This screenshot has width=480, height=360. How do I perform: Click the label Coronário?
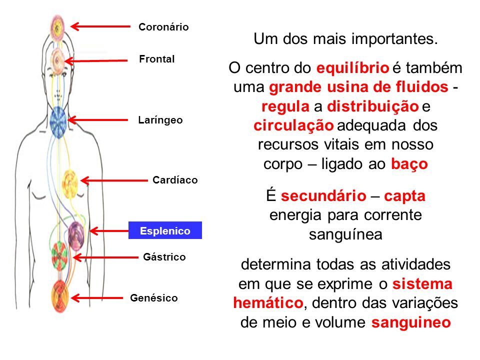click(163, 27)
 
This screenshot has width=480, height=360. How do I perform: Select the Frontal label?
click(156, 59)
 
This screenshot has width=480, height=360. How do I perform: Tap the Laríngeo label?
click(160, 120)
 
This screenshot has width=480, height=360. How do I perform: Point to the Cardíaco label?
click(175, 180)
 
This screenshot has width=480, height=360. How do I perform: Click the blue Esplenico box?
click(165, 230)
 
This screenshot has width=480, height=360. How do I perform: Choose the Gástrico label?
click(164, 257)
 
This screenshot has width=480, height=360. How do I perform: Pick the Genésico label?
click(154, 298)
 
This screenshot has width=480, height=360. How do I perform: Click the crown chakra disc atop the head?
click(57, 27)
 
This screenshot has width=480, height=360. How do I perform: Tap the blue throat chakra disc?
click(58, 122)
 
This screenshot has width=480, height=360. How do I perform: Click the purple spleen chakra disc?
click(76, 235)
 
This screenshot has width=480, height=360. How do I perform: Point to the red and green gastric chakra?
click(59, 256)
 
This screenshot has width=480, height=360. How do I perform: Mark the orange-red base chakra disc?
click(59, 296)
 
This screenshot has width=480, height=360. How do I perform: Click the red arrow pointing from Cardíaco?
click(114, 180)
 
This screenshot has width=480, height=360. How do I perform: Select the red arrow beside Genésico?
click(96, 298)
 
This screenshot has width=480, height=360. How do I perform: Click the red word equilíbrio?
click(352, 68)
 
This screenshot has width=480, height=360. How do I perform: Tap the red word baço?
click(409, 164)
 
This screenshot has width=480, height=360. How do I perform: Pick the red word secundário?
click(323, 196)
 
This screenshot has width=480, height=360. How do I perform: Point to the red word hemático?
click(268, 303)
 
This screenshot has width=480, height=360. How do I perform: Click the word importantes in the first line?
click(394, 39)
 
